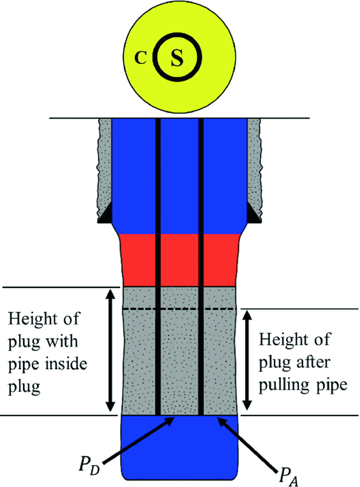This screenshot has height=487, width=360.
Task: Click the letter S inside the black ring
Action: click(177, 59)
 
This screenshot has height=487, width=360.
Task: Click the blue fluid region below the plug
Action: click(180, 447)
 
